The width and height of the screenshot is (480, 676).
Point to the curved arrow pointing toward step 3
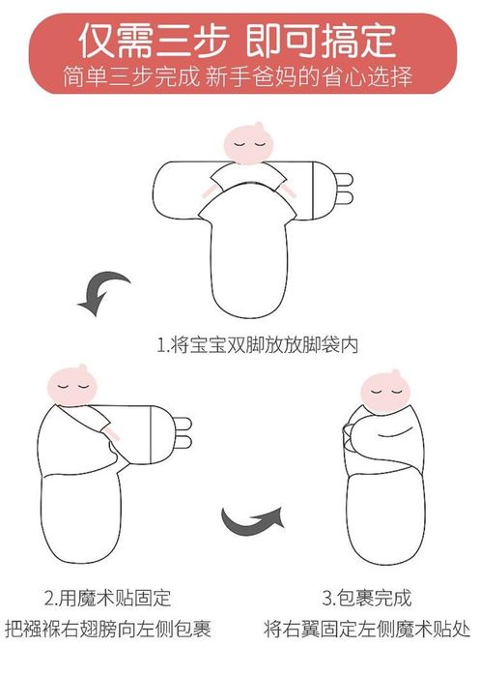(253, 522)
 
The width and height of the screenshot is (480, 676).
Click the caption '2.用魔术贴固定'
(113, 597)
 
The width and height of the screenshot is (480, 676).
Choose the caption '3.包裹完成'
(366, 597)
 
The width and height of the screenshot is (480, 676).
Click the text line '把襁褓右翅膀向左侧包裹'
(113, 628)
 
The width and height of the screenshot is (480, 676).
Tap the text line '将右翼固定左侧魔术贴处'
(366, 628)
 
